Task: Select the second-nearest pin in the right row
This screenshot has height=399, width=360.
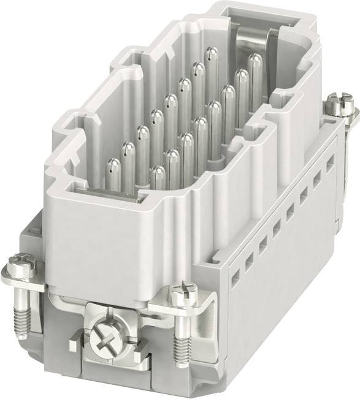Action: pos(172,161)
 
